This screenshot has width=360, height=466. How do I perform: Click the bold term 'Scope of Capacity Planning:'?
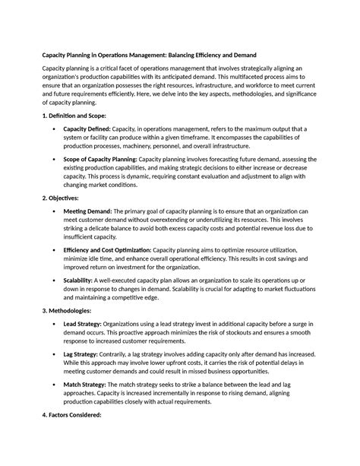[x=106, y=160]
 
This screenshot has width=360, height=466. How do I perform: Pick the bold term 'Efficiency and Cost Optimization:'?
[x=107, y=250]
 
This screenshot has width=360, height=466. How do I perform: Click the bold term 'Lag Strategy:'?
[x=84, y=355]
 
